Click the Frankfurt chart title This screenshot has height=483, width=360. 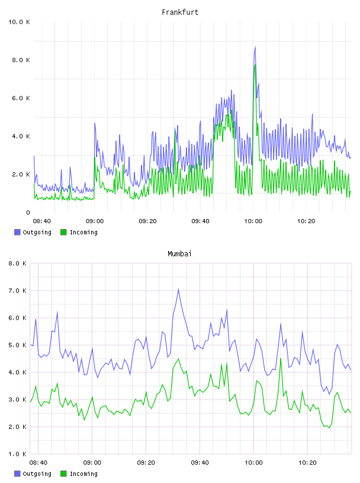tap(180, 12)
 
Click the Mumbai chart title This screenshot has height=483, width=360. tap(179, 254)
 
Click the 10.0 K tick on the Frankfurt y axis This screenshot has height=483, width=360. tap(19, 22)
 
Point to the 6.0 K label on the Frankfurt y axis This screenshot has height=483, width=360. tap(21, 98)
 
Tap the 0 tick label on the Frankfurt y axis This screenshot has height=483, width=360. tap(28, 212)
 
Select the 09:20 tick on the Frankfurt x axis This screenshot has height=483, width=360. tap(147, 221)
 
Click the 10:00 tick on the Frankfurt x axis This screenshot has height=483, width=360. tap(253, 221)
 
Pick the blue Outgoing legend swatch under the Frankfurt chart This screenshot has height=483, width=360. tap(17, 232)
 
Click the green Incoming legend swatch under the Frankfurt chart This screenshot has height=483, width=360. tap(63, 232)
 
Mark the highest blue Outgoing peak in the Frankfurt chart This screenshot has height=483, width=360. tap(255, 47)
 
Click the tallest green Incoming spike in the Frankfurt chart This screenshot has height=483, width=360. tap(255, 65)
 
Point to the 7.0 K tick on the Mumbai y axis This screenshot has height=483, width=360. tap(17, 291)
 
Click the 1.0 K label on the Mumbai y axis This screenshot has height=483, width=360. tap(17, 454)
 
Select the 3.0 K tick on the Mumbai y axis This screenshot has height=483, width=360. tap(17, 400)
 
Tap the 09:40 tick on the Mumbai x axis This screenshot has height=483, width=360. tap(200, 463)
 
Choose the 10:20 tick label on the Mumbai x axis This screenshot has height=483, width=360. tap(307, 463)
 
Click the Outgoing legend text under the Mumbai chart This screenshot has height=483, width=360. tap(37, 474)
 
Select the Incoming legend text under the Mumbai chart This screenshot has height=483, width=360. tap(83, 474)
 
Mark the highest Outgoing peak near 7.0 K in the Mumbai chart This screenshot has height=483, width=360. tap(178, 289)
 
